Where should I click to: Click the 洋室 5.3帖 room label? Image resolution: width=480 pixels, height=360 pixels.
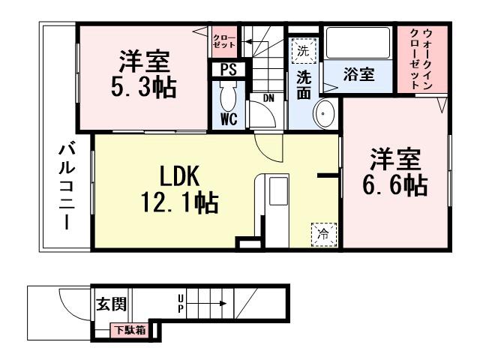click(145, 74)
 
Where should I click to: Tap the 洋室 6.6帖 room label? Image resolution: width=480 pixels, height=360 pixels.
click(394, 172)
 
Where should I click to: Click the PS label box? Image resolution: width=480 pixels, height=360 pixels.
click(228, 70)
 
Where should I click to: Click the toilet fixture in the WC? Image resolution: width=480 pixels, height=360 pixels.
click(229, 96)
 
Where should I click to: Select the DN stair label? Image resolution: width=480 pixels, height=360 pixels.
click(268, 97)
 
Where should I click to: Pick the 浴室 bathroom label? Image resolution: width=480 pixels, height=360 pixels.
click(357, 75)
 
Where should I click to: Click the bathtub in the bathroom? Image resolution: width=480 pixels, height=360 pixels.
click(357, 46)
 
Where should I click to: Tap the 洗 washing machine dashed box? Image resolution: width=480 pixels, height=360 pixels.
click(303, 52)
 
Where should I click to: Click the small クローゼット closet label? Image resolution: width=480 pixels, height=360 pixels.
click(223, 40)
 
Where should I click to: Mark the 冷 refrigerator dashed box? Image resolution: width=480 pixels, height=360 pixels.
click(322, 232)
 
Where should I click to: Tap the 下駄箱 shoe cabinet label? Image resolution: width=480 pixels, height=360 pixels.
click(129, 329)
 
